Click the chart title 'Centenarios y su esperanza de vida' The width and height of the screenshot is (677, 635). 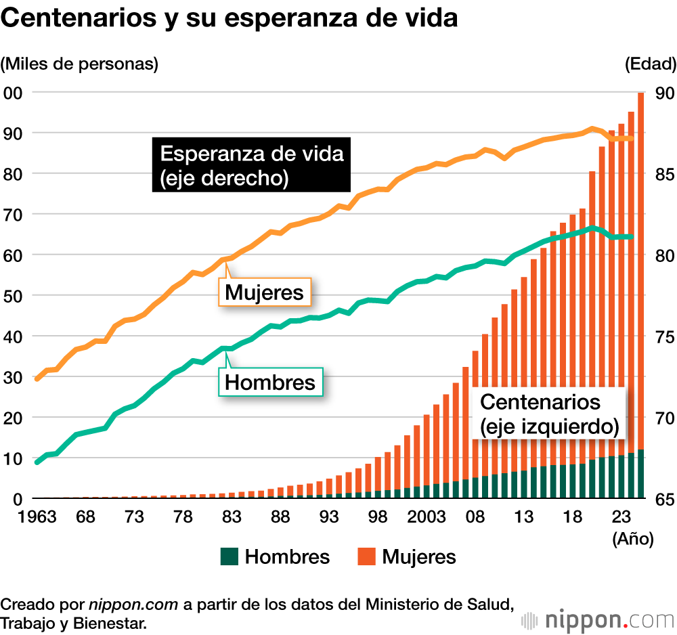230,18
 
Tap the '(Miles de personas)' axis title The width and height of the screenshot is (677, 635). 79,64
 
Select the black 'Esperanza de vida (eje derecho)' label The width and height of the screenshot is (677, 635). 251,165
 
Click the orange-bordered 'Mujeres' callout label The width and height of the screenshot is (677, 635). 263,293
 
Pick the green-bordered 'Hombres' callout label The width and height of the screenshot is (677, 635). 269,382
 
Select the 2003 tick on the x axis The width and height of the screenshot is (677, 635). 426,518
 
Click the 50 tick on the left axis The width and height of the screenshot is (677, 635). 14,296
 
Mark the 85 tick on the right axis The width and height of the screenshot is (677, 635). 664,174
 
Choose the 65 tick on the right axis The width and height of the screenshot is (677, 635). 664,499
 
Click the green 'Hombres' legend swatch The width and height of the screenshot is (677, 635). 230,557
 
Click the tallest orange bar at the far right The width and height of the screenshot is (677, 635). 640,271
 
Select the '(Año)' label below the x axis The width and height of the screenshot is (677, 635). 632,540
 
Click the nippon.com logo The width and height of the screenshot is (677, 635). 599,619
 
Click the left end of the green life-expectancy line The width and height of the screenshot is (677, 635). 37,462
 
